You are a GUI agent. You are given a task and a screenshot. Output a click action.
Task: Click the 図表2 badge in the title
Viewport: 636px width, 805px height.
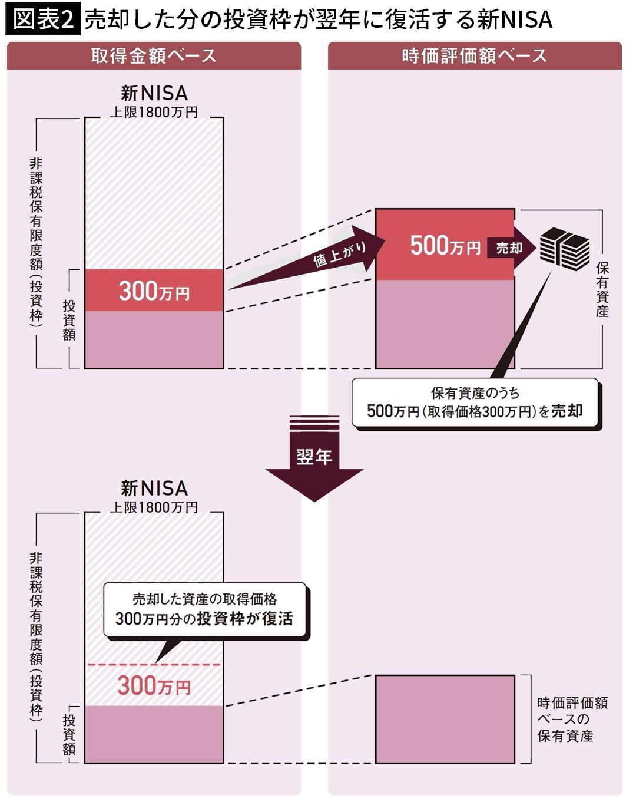(x=43, y=19)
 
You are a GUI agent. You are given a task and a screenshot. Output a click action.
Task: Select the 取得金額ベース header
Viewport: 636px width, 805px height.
(x=154, y=56)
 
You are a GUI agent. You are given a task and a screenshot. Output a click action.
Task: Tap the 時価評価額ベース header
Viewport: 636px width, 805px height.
(x=475, y=56)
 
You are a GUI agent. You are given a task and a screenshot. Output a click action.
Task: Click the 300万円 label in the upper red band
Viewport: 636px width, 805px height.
(x=154, y=291)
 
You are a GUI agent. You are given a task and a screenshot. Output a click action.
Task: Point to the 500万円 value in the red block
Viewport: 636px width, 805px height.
(x=445, y=245)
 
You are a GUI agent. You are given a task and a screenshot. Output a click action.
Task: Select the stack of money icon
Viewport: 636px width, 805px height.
(x=565, y=248)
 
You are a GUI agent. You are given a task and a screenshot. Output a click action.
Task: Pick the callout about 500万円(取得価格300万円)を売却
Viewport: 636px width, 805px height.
(x=475, y=403)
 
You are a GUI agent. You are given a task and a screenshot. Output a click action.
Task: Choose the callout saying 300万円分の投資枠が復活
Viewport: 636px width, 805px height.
(x=204, y=610)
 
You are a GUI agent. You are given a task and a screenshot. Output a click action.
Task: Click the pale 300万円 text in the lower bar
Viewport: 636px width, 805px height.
(x=154, y=686)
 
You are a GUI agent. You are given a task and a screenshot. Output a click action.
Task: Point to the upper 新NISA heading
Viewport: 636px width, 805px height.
(x=154, y=93)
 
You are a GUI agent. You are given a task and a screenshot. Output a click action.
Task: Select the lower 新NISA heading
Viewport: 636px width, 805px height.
(x=154, y=488)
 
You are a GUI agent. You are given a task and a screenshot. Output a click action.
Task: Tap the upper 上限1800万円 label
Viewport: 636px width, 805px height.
(x=154, y=112)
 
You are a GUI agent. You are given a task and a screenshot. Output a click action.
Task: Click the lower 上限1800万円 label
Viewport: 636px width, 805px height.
(x=154, y=507)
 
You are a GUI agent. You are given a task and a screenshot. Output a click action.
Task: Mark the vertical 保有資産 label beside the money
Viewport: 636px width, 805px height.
(x=602, y=289)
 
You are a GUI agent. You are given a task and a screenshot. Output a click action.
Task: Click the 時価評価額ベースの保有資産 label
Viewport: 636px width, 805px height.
(x=571, y=719)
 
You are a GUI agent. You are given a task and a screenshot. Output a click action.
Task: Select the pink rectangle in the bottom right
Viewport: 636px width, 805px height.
(x=445, y=719)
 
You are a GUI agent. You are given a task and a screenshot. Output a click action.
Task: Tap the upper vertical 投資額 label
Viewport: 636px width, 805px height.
(x=69, y=319)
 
